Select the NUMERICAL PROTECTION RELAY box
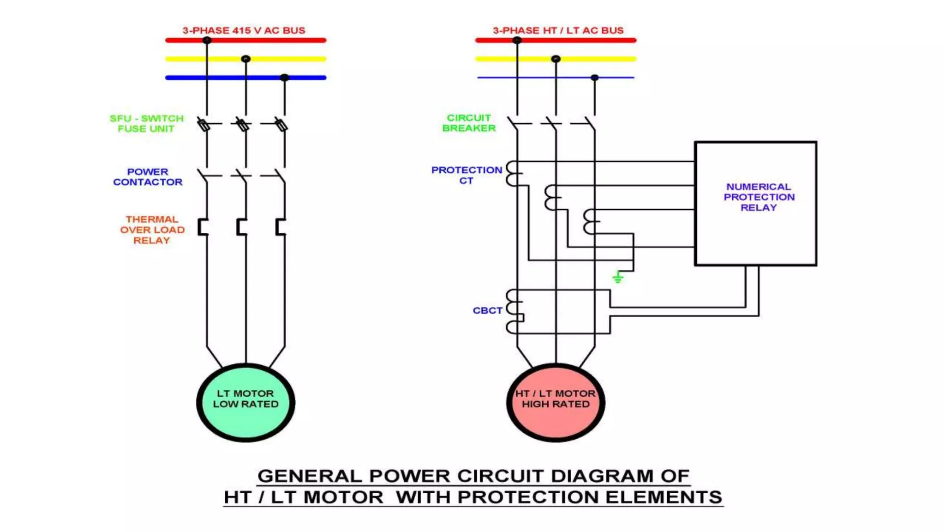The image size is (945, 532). coord(755,203)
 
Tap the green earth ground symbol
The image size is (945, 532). coord(618,277)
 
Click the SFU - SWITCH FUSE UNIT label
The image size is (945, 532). coord(146,123)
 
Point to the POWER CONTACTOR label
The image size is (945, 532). coord(148,177)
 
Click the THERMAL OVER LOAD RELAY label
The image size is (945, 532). coord(152,230)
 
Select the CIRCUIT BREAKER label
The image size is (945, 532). coord(469,123)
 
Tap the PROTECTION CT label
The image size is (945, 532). coord(467,175)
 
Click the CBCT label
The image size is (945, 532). coord(487,310)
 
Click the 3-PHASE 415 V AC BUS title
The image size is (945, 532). coord(244,30)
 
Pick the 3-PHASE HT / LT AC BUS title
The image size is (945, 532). coord(558,30)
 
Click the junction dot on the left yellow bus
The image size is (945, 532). coord(246,59)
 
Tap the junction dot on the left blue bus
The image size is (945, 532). coord(285,78)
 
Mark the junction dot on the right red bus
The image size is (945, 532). coord(517,40)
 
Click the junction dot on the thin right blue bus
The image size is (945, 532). coord(595,78)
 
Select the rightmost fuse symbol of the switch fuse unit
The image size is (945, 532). coord(281,125)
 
